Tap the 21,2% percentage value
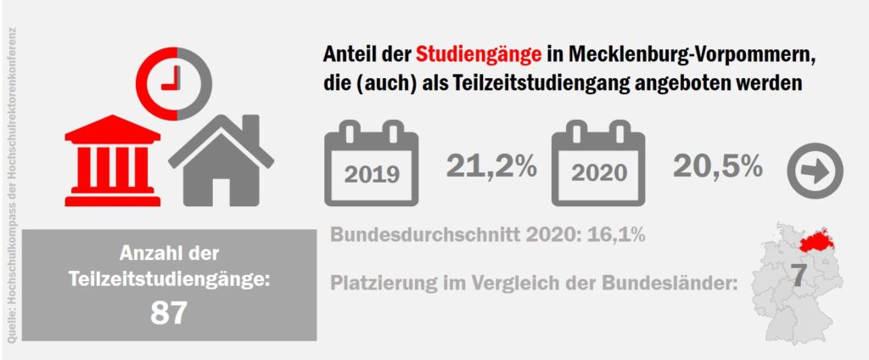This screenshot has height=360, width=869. pyautogui.click(x=491, y=166)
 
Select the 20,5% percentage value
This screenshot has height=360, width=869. pyautogui.click(x=717, y=166)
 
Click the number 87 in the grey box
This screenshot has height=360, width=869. pyautogui.click(x=169, y=313)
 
